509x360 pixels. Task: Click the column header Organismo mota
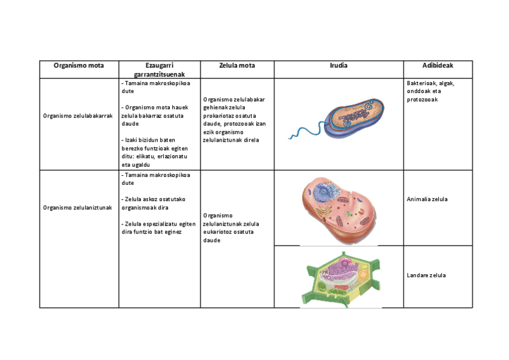coord(79,65)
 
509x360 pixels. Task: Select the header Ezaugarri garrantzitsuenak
coord(159,69)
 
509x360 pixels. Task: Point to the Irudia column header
coord(339,65)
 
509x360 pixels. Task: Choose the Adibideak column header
coord(438,65)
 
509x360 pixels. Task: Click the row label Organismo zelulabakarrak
coord(79,116)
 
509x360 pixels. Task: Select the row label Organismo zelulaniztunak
coord(79,208)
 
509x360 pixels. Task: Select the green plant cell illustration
coord(340,277)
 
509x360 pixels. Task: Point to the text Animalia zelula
coord(427,199)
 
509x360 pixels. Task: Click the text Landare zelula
coord(426,275)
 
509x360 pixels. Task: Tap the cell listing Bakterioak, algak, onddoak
coord(430,91)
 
